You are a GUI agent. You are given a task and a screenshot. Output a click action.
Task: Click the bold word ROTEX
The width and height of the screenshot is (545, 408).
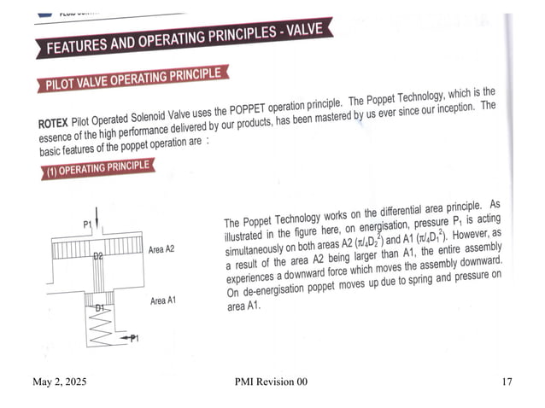point(56,125)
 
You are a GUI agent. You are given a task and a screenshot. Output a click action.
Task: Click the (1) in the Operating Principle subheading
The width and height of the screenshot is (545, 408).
point(50,172)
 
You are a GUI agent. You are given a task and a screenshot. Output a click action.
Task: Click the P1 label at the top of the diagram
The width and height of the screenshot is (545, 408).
point(87,224)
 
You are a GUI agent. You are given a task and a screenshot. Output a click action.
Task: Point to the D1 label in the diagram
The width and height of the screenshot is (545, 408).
point(98,306)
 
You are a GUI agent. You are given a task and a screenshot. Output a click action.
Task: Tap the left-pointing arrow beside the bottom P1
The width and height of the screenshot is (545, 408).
point(126,339)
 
